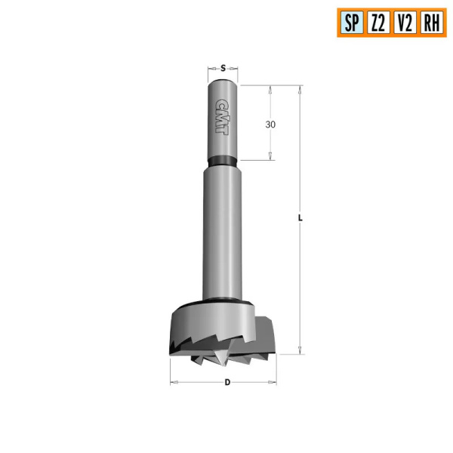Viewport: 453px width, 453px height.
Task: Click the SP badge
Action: click(351, 22)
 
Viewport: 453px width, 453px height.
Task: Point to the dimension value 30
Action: click(271, 125)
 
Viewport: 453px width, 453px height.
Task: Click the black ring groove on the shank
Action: click(223, 160)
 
